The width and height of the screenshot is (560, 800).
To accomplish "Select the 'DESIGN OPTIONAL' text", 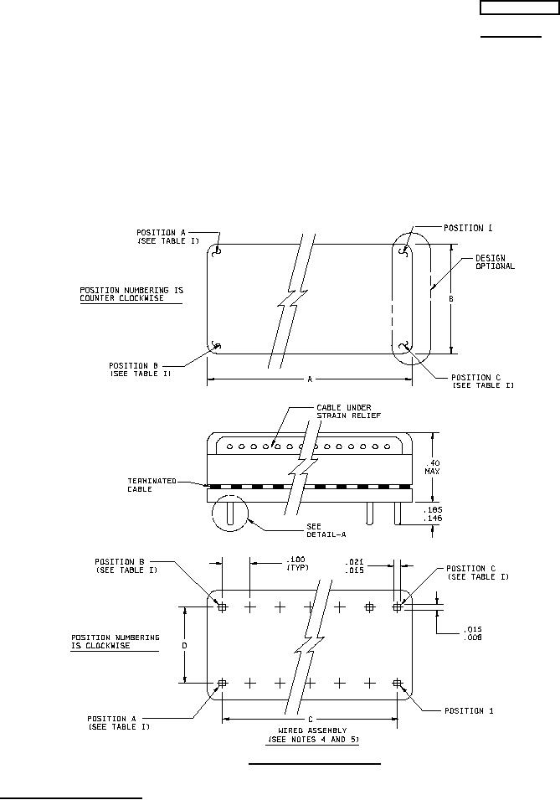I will click(x=495, y=262).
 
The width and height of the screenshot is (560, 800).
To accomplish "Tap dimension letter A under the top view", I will click(x=309, y=379).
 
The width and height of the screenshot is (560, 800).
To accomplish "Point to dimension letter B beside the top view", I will click(x=451, y=299).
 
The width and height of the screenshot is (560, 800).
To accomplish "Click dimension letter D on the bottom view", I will click(x=185, y=645).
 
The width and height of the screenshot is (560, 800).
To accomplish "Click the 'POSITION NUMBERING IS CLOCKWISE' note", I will click(x=115, y=642).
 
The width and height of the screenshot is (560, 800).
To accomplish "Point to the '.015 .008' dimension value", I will click(x=473, y=632).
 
